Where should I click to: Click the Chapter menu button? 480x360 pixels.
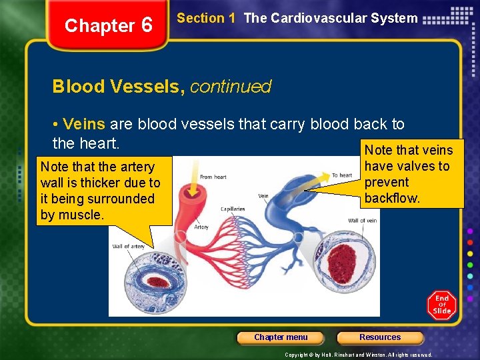click(281, 337)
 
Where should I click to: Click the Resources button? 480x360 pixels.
click(380, 337)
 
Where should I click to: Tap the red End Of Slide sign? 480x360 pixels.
click(441, 305)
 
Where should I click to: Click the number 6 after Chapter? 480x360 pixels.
click(147, 25)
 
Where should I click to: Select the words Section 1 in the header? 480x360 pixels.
click(206, 19)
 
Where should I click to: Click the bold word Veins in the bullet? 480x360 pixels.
click(84, 125)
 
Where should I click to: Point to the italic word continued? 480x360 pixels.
click(231, 87)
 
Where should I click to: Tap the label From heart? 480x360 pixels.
click(214, 177)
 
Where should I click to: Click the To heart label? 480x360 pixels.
click(342, 175)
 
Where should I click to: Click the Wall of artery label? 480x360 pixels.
click(129, 247)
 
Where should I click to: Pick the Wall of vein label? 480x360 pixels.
click(362, 221)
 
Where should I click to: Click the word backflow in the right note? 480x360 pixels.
click(393, 198)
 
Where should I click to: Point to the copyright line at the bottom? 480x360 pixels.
click(358, 355)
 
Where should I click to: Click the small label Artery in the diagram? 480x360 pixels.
click(201, 227)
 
